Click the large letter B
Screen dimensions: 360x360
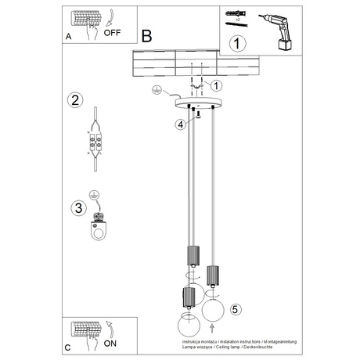pos(147,35)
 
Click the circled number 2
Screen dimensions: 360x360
pos(75,100)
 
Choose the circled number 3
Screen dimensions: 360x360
pos(77,207)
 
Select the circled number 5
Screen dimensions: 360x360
pos(237,308)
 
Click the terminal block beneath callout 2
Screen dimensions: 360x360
pos(97,143)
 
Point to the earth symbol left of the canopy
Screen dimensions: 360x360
pos(157,92)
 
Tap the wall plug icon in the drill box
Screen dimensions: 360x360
pos(236,16)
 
